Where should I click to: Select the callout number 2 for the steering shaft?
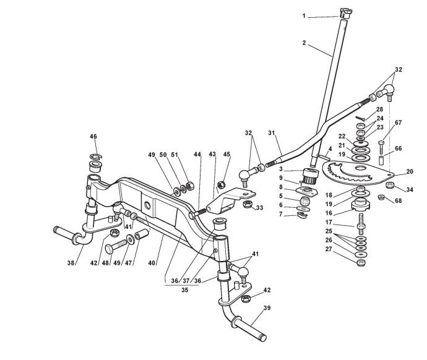coord(304,43)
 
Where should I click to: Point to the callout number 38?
coord(72,263)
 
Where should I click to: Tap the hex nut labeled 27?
coord(361,260)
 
